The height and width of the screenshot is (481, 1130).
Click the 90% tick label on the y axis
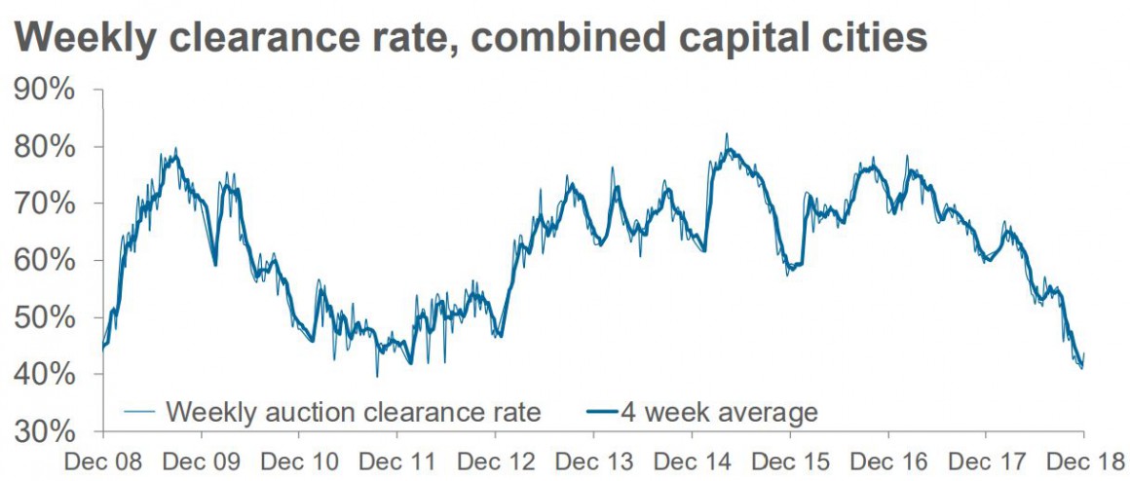tap(45, 91)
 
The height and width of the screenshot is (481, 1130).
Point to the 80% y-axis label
tap(45, 148)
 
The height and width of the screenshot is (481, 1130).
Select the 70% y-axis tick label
tap(45, 204)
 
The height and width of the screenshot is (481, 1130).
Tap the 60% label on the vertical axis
tap(45, 261)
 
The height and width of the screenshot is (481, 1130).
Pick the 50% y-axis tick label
tap(45, 318)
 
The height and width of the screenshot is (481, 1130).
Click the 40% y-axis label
tap(45, 375)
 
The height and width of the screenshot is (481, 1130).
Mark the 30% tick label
tap(45, 431)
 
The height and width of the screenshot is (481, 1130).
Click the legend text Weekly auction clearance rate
tap(353, 412)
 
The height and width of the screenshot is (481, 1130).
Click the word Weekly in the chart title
tap(94, 39)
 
